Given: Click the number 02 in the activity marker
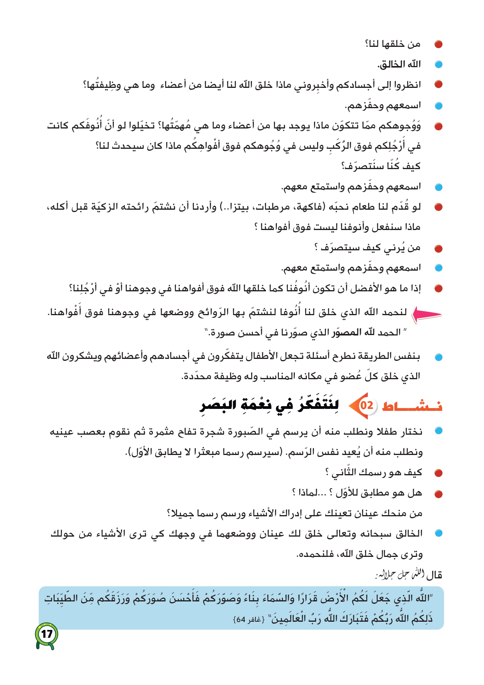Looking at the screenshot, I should click(367, 405).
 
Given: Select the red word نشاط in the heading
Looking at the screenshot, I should click(412, 406).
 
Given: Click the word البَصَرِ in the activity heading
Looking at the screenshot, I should click(218, 405).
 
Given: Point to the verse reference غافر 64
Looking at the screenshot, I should click(249, 619).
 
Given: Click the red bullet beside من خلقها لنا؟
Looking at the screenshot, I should click(438, 45).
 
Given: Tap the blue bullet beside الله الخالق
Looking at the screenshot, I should click(438, 65).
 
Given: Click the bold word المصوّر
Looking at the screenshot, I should click(347, 332).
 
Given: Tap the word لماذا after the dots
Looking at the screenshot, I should click(306, 493).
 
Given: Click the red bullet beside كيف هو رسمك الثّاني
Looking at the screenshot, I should click(438, 473).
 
